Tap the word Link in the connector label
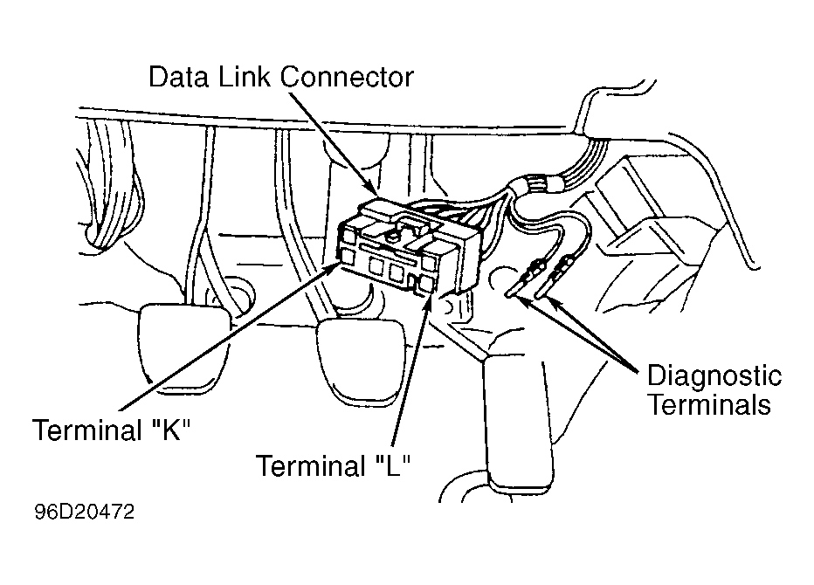244,77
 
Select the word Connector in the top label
346,77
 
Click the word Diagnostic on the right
714,377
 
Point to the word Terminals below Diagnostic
709,404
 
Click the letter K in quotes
171,430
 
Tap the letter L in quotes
392,465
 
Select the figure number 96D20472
84,512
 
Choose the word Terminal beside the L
311,465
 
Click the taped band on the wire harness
537,184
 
